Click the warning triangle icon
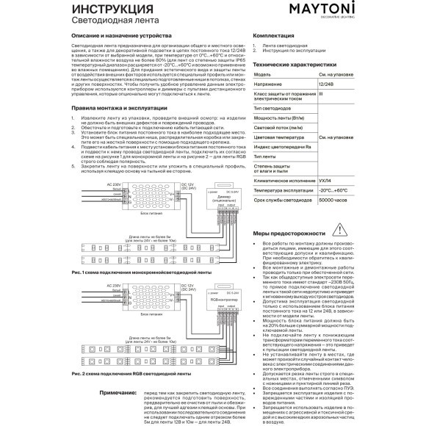[318, 228]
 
